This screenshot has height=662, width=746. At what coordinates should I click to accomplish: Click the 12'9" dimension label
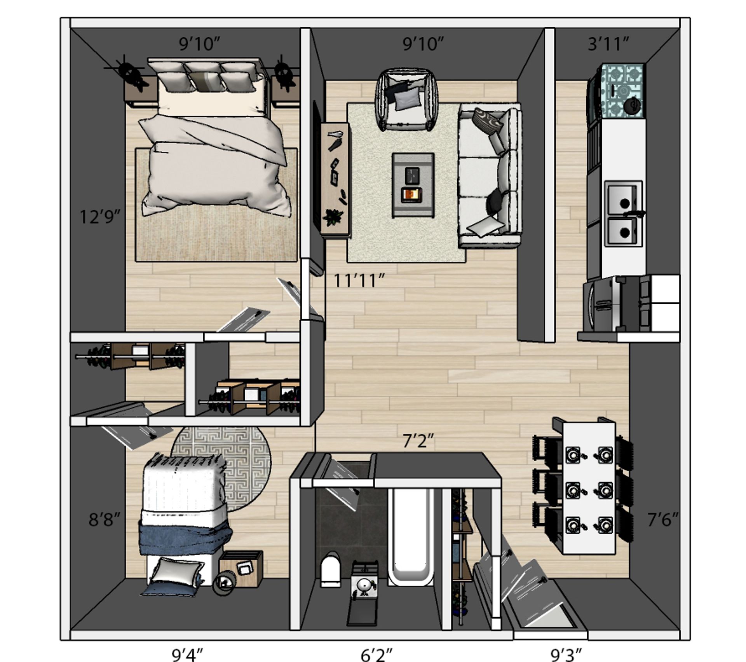(99, 216)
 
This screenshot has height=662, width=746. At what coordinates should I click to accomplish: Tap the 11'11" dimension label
(359, 280)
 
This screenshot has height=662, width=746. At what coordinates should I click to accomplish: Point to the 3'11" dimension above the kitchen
(608, 44)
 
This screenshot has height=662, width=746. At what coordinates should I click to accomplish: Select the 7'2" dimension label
(418, 441)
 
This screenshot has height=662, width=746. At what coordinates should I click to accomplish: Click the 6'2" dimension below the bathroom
(376, 655)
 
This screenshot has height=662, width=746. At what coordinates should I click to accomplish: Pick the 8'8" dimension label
(104, 520)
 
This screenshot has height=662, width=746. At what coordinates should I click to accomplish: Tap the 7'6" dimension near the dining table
(663, 520)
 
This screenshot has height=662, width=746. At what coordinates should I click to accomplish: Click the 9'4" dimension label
(188, 655)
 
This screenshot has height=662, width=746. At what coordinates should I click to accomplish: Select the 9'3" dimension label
(566, 655)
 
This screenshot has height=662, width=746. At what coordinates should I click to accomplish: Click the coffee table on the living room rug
(413, 184)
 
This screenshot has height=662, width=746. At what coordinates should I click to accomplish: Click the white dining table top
(589, 488)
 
